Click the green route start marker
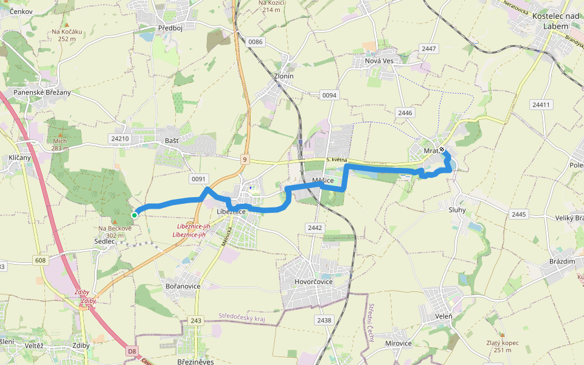134,215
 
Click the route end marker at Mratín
442,150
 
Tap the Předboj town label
170,28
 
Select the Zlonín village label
283,76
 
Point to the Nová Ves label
375,61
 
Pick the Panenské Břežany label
42,92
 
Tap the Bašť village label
172,141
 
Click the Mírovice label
398,343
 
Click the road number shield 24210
119,139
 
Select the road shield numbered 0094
329,96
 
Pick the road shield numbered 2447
429,49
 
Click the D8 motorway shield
132,351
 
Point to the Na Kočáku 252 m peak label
67,35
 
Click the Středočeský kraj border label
243,317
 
